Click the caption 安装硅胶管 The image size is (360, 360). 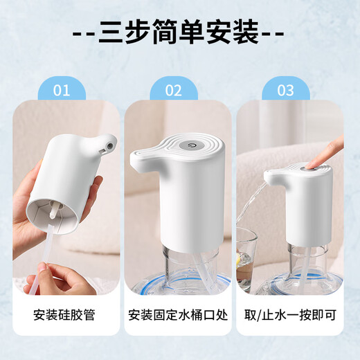64,315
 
